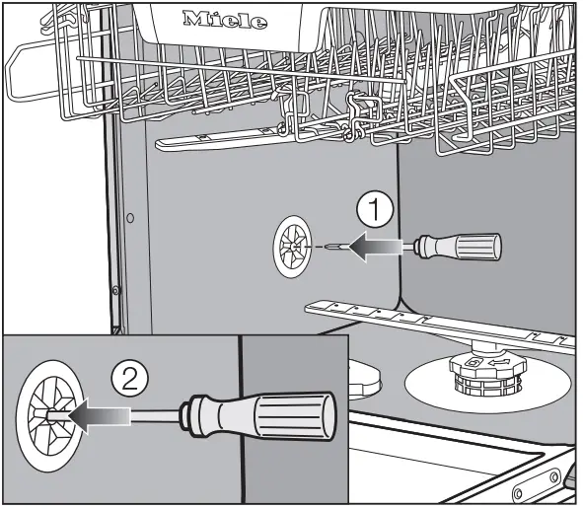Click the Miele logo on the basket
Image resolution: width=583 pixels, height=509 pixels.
click(225, 20)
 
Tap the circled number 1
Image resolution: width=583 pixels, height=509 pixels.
click(373, 210)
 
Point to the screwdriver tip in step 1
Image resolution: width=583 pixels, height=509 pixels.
click(331, 246)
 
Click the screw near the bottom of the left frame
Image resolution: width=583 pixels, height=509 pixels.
click(116, 291)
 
